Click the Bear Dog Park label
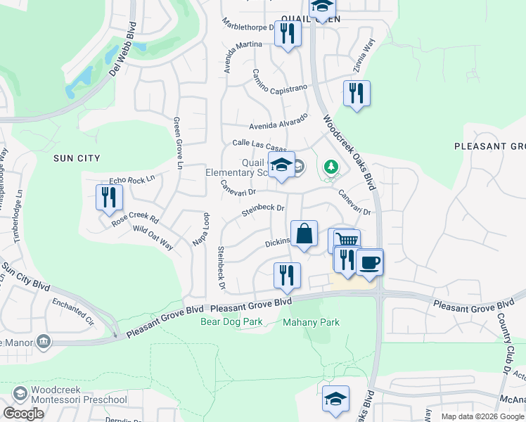click(231, 322)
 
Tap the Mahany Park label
click(311, 323)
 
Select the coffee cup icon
click(370, 264)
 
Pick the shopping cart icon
click(345, 240)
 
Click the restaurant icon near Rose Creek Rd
click(108, 197)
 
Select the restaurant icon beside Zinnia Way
click(357, 94)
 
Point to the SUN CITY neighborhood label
click(77, 158)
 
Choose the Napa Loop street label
click(201, 229)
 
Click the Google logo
click(24, 414)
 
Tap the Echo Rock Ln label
click(131, 181)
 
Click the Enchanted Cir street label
click(72, 311)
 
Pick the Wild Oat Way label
click(153, 238)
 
